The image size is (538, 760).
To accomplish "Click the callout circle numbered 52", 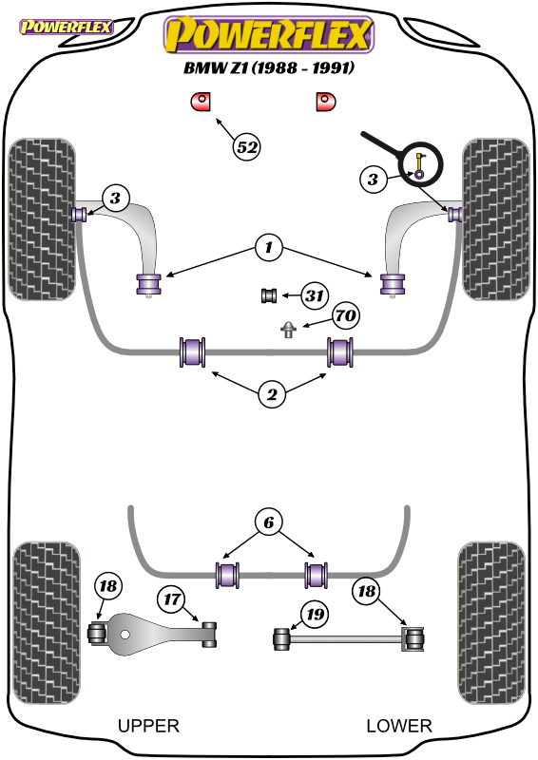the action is (x=247, y=147).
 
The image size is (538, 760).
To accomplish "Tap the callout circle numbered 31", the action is (x=315, y=295).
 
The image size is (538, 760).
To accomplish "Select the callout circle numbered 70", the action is (x=345, y=315).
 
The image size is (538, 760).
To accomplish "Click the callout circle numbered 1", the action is (x=269, y=248).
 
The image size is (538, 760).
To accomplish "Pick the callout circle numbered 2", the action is (x=272, y=394).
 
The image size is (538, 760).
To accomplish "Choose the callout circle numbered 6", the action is (x=269, y=522).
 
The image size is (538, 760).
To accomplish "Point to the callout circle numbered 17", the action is (x=172, y=599).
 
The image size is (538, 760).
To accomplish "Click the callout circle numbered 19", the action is (x=315, y=614).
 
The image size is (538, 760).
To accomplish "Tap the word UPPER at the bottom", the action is (x=148, y=726).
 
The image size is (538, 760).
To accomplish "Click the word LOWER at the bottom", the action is (x=399, y=726).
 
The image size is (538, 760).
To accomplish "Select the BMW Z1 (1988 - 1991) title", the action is (x=269, y=67).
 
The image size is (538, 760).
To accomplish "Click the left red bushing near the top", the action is (x=200, y=102).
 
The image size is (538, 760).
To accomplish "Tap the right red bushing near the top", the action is (x=325, y=102).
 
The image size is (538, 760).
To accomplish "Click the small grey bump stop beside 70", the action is (x=288, y=329).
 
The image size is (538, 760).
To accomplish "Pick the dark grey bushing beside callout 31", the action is (x=269, y=295).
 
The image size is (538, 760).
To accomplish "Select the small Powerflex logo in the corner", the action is (x=66, y=27).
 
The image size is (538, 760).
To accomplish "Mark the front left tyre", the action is (x=42, y=219).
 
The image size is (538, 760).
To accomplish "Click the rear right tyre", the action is (x=491, y=623).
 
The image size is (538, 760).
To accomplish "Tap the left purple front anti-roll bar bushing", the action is (x=193, y=351).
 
